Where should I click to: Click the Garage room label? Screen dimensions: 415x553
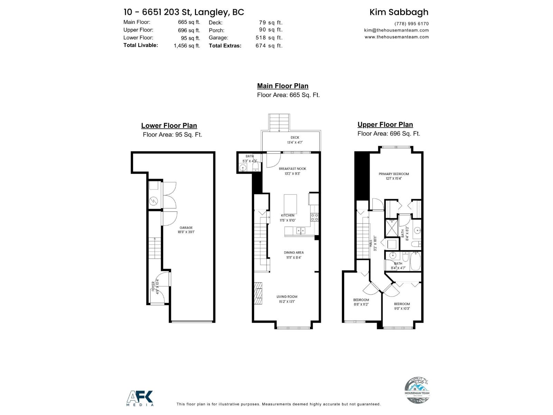pyautogui.click(x=186, y=230)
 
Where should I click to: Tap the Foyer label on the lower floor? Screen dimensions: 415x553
pyautogui.click(x=155, y=286)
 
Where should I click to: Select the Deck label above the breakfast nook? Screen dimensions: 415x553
pyautogui.click(x=295, y=140)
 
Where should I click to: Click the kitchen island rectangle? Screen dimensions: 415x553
pyautogui.click(x=290, y=203)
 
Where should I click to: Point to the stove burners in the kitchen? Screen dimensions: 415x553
pyautogui.click(x=315, y=217)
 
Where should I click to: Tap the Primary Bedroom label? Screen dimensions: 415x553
pyautogui.click(x=394, y=176)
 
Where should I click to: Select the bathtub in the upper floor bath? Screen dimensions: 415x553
pyautogui.click(x=415, y=261)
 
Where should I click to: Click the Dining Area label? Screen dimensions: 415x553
pyautogui.click(x=294, y=255)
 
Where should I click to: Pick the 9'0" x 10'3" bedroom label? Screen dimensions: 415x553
pyautogui.click(x=402, y=306)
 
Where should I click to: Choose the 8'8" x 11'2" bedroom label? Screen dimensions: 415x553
pyautogui.click(x=361, y=302)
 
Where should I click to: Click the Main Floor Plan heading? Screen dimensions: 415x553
pyautogui.click(x=282, y=86)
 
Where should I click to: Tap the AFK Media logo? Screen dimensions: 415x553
pyautogui.click(x=140, y=398)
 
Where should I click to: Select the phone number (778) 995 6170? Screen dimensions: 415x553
pyautogui.click(x=411, y=24)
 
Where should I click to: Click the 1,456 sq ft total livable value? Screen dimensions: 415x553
pyautogui.click(x=187, y=46)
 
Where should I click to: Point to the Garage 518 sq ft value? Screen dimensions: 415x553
pyautogui.click(x=269, y=38)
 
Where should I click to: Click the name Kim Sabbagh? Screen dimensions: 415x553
pyautogui.click(x=399, y=12)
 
